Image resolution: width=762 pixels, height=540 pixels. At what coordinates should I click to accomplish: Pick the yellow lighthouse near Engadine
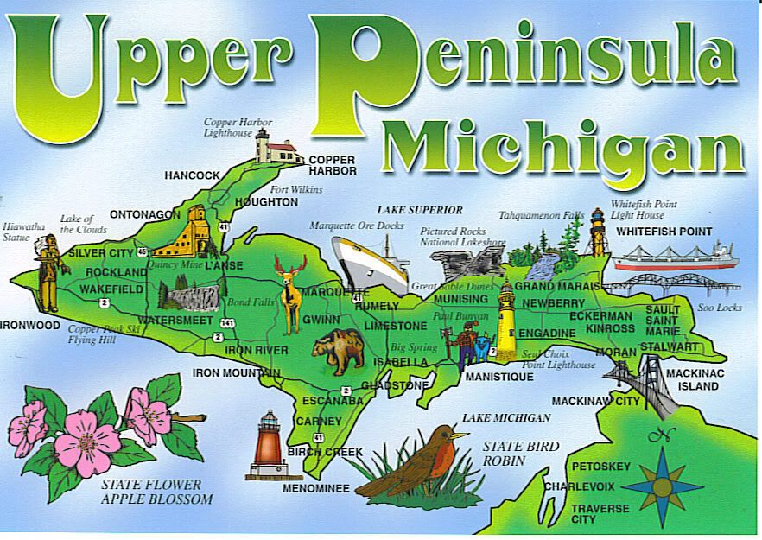click(x=506, y=325)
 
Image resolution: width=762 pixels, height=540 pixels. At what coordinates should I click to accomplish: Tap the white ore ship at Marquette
click(x=371, y=261)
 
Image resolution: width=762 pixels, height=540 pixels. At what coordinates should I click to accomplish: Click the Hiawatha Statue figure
click(x=48, y=272)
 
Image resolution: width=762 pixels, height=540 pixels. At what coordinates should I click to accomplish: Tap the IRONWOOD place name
click(x=30, y=326)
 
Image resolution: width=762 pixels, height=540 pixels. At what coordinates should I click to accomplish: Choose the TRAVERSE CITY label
click(x=600, y=513)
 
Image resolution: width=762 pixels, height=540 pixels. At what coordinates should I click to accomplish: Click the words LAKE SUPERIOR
click(x=420, y=210)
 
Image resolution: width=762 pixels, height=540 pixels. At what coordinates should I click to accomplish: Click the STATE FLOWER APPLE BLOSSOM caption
click(x=156, y=492)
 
